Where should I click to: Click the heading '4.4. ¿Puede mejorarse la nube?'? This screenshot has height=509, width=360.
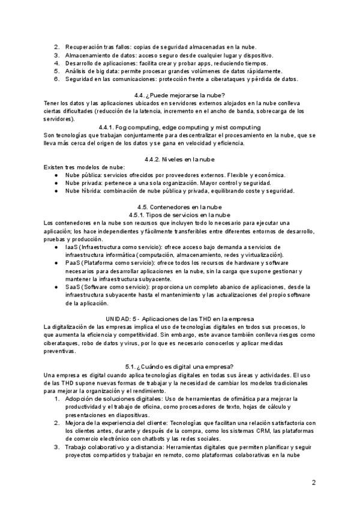click(180, 95)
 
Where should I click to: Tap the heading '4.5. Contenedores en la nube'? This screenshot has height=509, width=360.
click(180, 206)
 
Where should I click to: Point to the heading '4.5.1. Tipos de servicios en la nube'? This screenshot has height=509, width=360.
click(180, 214)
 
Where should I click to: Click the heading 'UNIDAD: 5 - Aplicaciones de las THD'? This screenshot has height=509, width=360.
click(180, 318)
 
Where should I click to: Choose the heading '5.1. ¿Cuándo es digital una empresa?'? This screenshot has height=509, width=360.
click(180, 366)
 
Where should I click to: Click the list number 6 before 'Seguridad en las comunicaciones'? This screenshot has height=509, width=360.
click(56, 79)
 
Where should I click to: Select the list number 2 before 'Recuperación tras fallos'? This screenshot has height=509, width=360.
click(56, 47)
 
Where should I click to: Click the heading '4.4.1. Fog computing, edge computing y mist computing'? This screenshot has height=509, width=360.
click(180, 127)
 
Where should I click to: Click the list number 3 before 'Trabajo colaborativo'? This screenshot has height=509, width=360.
click(56, 447)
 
